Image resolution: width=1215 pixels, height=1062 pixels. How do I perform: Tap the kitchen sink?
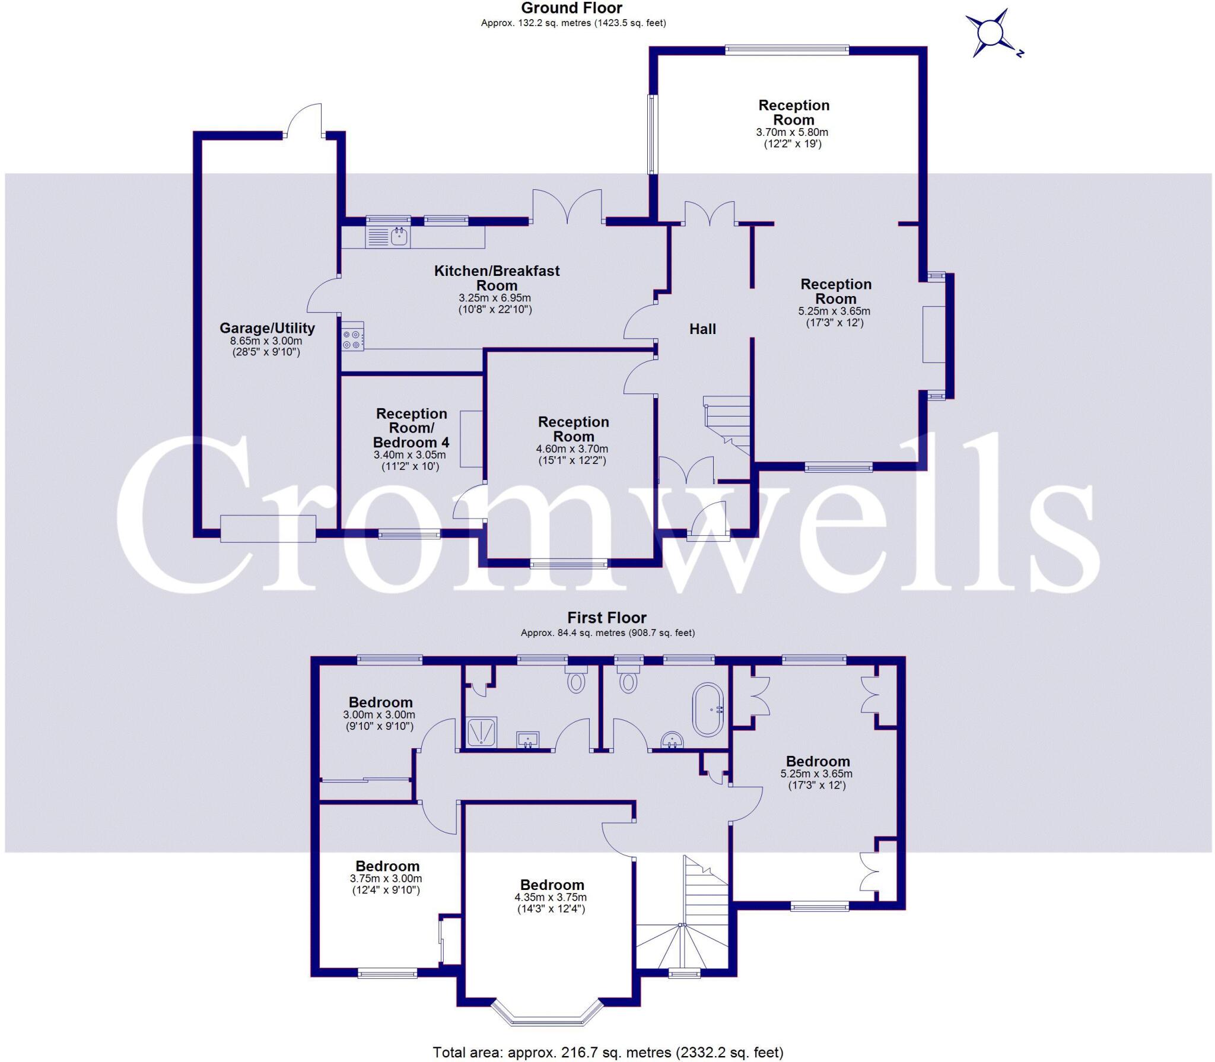[x=400, y=237]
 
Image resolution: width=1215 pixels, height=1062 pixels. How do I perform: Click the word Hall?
[x=702, y=329]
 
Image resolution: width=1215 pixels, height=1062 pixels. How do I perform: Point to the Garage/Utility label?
[x=267, y=328]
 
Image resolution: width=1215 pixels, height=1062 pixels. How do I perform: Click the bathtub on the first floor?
[x=708, y=710]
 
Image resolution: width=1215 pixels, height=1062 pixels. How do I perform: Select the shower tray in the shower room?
[x=482, y=732]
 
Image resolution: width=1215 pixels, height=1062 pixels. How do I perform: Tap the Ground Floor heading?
[x=572, y=8]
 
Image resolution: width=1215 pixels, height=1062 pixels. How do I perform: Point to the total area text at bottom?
[x=607, y=1052]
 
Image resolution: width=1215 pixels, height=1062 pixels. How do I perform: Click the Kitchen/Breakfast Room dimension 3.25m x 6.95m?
[x=495, y=298]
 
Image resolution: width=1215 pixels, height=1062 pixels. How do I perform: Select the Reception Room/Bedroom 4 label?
[x=411, y=428]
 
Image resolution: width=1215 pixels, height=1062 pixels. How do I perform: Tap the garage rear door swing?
[x=304, y=120]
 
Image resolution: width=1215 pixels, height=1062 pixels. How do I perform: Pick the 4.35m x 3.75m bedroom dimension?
[x=552, y=897]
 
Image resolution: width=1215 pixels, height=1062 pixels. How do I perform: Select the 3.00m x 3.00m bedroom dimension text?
[x=379, y=715]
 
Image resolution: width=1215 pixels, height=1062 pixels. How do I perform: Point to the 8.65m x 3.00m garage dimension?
[x=266, y=341]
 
